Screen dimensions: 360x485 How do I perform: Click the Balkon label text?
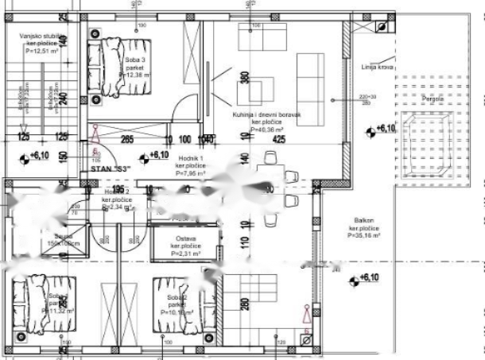pos(363,228)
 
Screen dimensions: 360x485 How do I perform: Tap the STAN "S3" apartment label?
pos(111,168)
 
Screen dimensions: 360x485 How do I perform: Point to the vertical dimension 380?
pos(245,79)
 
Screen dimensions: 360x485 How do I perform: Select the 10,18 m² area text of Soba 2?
pos(177,312)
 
